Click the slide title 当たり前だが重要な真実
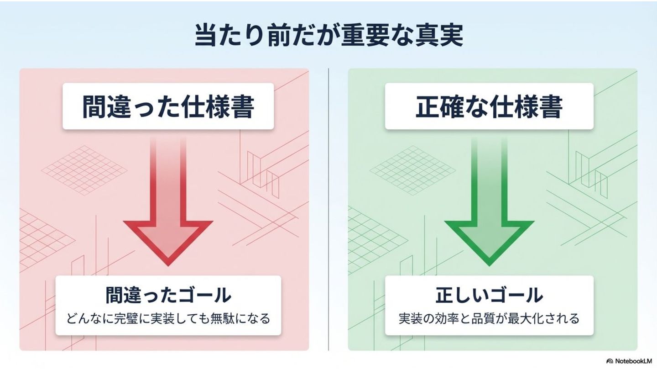[328, 36]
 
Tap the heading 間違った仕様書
[168, 106]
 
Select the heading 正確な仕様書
[489, 106]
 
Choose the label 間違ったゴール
[168, 296]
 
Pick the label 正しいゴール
[489, 296]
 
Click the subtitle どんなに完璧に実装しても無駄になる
[168, 318]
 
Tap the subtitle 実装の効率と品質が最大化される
[489, 318]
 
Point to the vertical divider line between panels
[328, 210]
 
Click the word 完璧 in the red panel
[125, 318]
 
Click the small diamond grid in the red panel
[84, 170]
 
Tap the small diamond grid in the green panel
[413, 170]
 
